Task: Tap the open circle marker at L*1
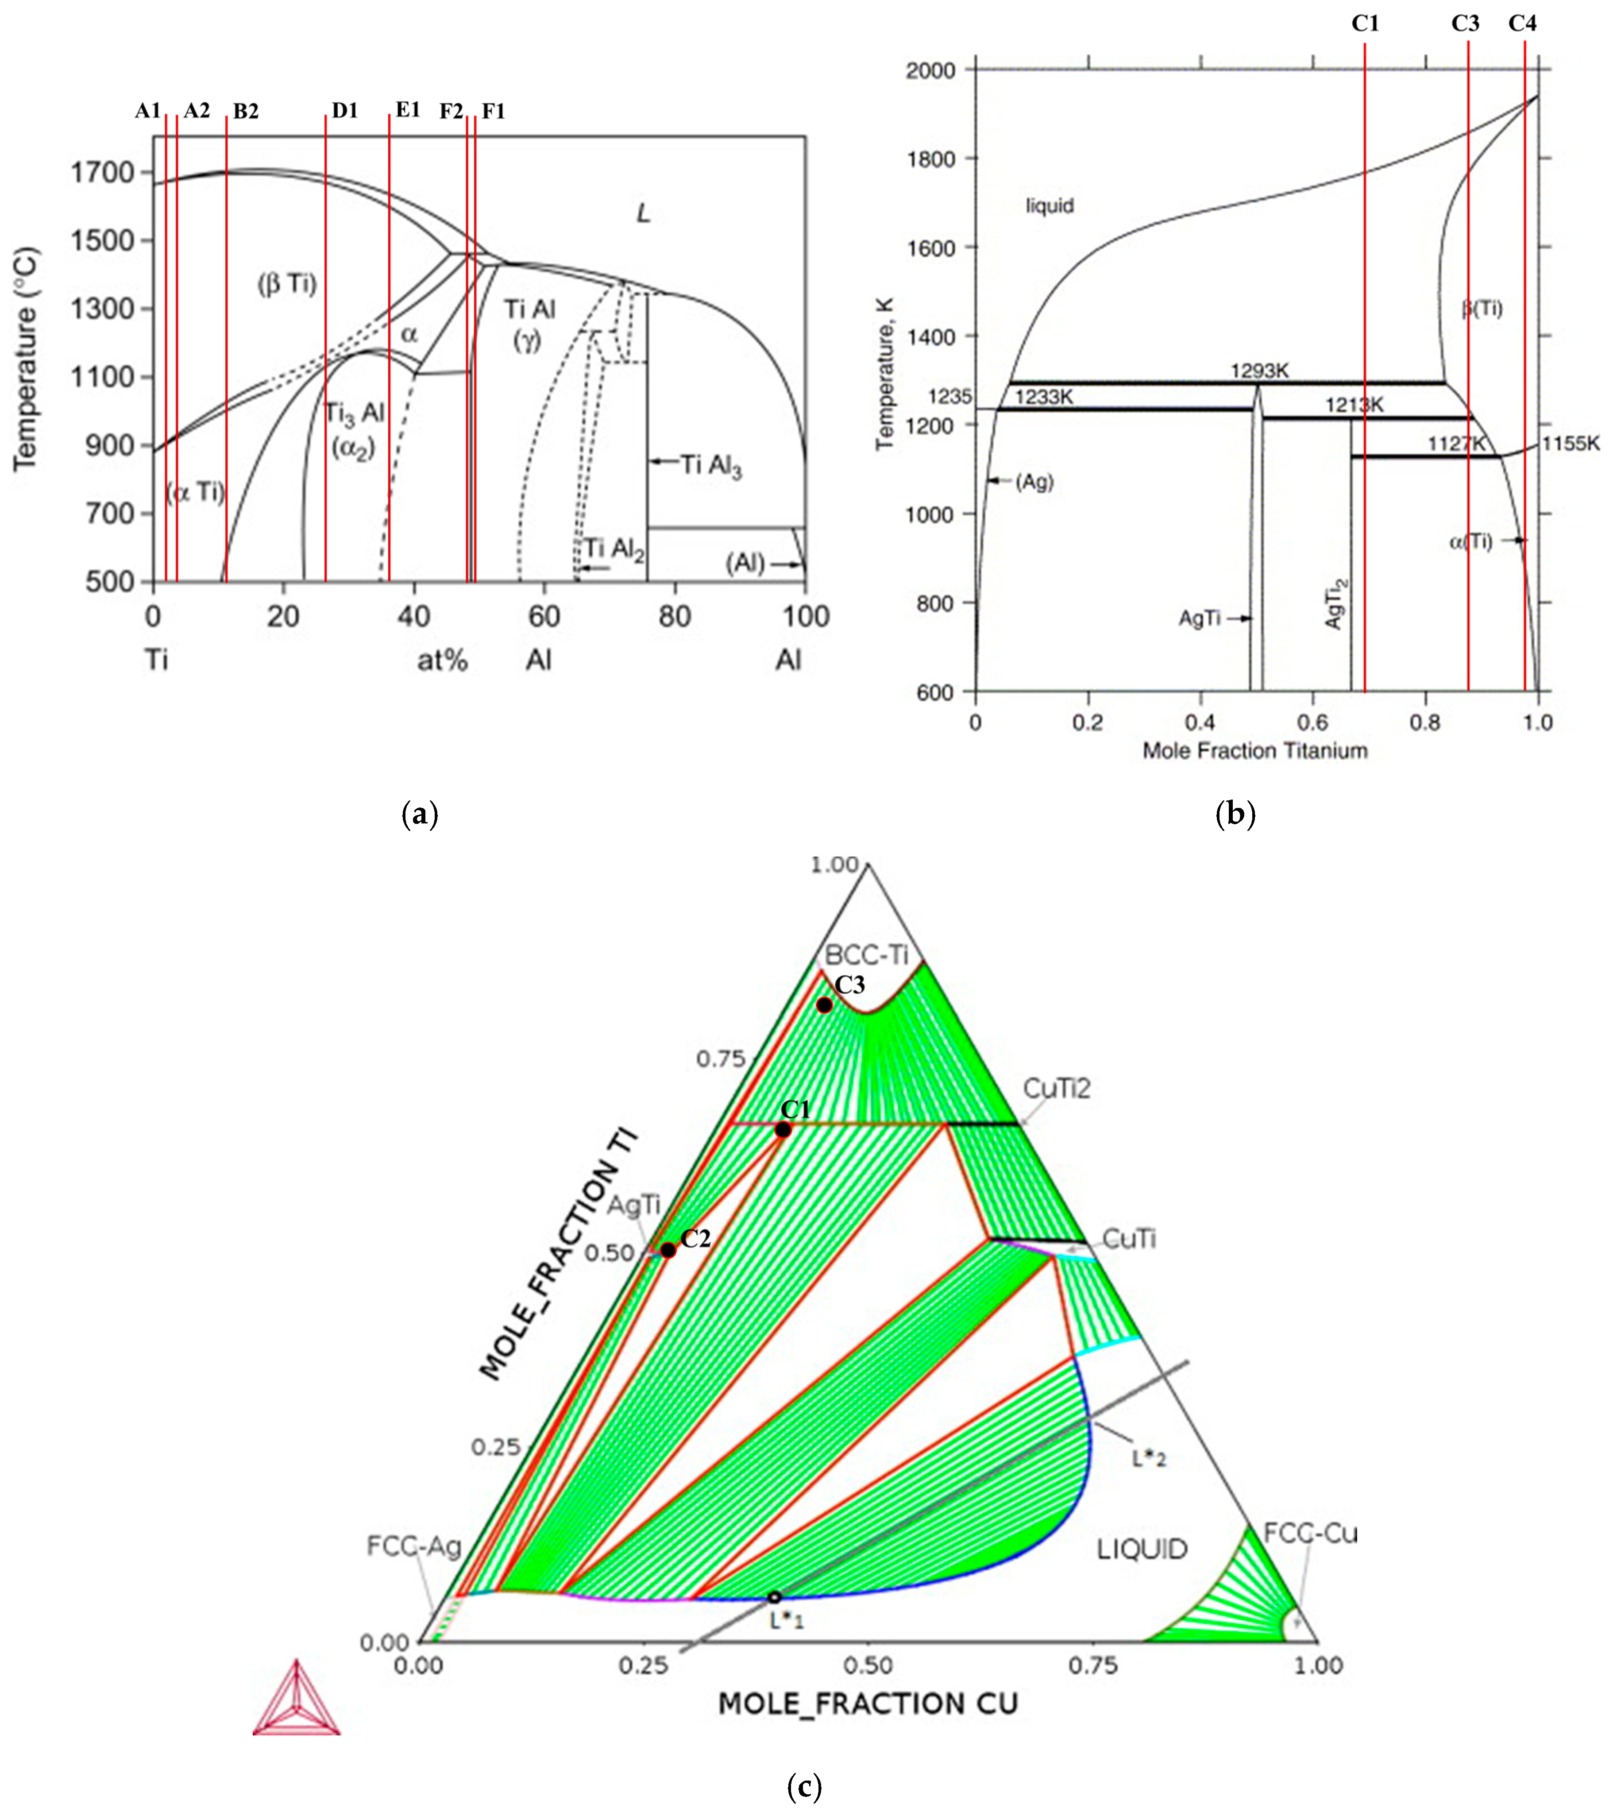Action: [x=774, y=1597]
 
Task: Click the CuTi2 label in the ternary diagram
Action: [x=1056, y=1088]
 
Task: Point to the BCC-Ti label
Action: [x=866, y=955]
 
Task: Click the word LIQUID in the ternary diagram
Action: [x=1142, y=1550]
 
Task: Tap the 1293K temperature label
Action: [x=1259, y=371]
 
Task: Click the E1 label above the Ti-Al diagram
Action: [x=408, y=110]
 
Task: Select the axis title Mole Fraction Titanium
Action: [x=1254, y=751]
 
